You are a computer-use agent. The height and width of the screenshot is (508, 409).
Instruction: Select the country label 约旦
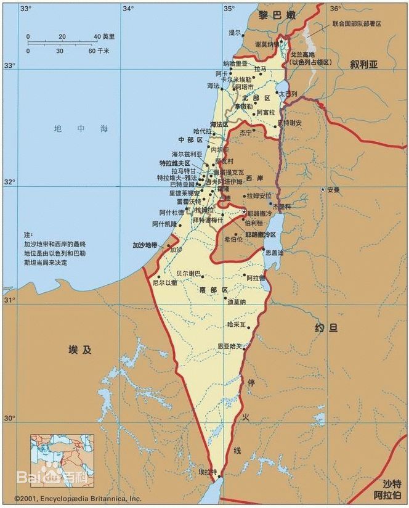[325, 328]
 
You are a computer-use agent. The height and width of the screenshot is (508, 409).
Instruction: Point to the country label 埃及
[80, 350]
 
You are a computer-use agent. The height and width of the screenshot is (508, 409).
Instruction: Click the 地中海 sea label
[81, 129]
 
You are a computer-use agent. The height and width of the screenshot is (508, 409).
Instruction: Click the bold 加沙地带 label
[145, 245]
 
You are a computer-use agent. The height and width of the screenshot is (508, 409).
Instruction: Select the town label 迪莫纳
[236, 302]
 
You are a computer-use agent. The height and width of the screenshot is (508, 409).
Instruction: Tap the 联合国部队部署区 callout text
[357, 23]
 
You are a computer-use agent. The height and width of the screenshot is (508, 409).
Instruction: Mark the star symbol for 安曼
[323, 189]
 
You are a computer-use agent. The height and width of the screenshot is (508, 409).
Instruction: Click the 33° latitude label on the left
[9, 65]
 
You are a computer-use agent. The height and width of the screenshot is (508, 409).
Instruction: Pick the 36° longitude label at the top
[334, 9]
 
